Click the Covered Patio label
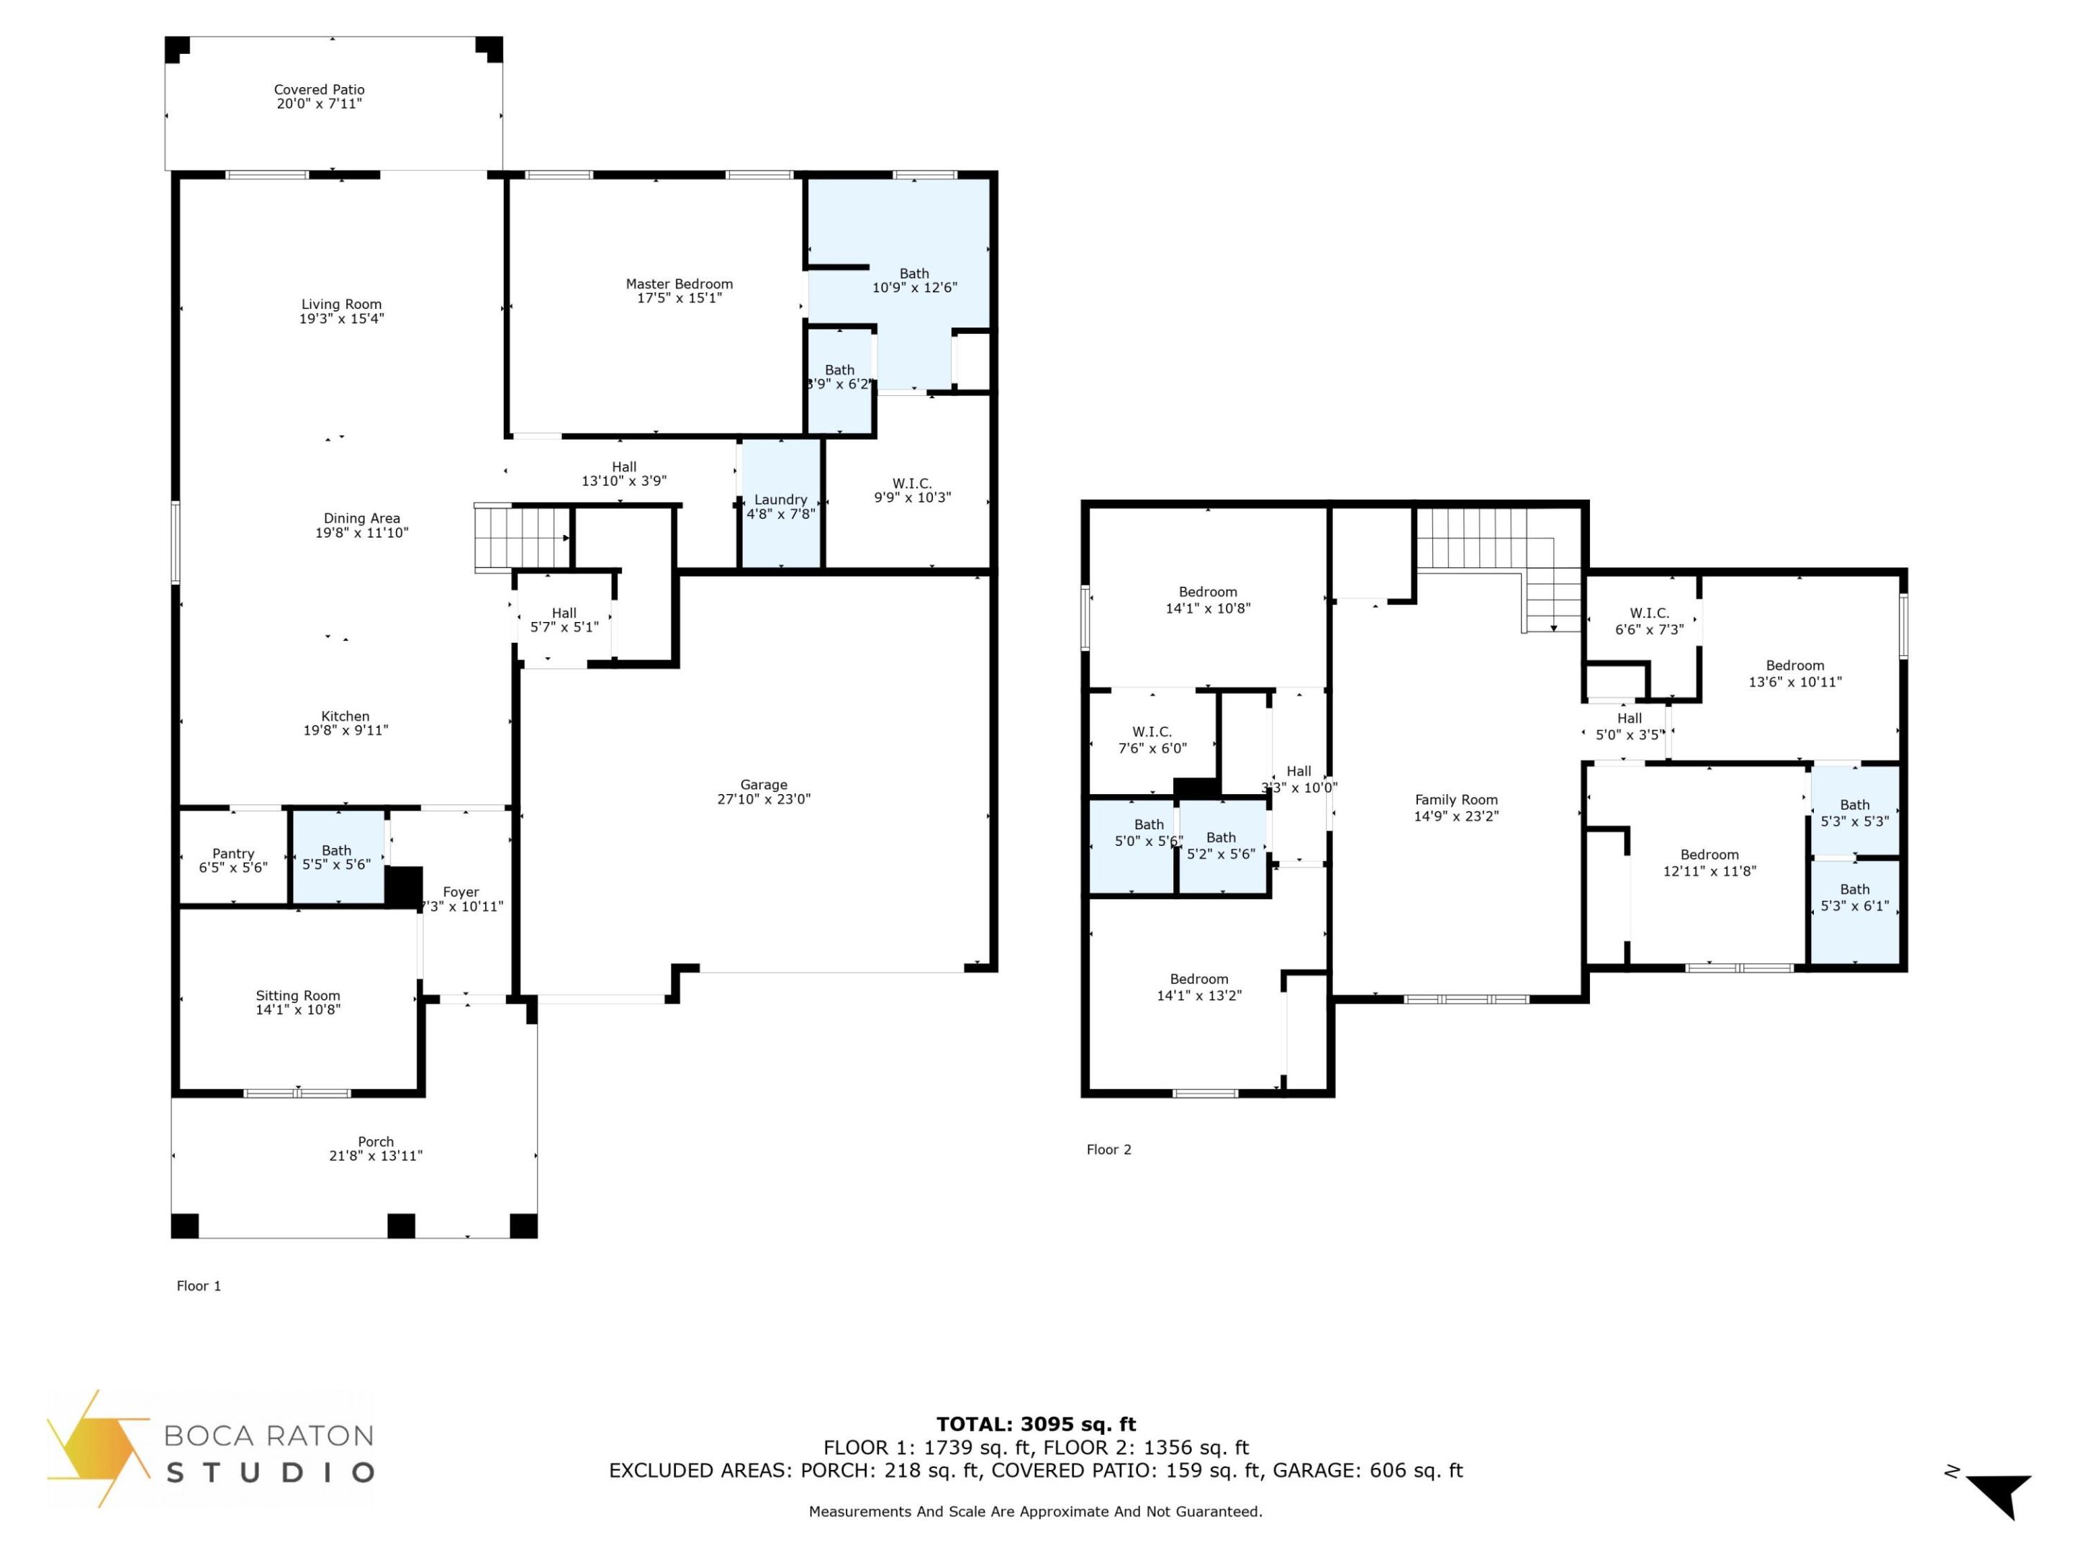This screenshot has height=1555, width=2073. click(319, 90)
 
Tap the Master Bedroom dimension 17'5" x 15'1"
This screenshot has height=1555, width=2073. click(679, 298)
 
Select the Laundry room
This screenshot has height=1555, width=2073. click(781, 506)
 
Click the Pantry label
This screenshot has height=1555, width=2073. click(232, 853)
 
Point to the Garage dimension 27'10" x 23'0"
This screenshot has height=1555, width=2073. click(763, 800)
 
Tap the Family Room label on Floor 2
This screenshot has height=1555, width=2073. click(1455, 800)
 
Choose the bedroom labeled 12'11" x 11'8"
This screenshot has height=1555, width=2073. click(1709, 863)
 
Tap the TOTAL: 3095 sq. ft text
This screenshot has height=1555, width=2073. click(1036, 1425)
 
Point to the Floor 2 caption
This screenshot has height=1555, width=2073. click(1108, 1149)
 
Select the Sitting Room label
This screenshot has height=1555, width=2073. click(297, 996)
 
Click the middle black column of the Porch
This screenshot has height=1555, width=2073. click(401, 1225)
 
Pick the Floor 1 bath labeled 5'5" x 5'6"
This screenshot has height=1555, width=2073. click(336, 857)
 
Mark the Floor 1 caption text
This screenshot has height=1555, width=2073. click(199, 1286)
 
